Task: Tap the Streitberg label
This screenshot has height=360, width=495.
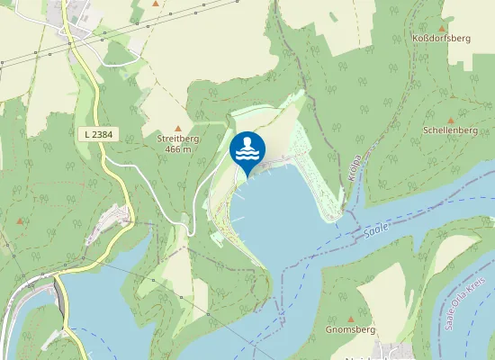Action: pos(178,139)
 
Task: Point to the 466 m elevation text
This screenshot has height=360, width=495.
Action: pos(178,149)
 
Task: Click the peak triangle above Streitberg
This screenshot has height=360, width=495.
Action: pos(178,127)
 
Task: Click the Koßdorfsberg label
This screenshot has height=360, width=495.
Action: pos(441,39)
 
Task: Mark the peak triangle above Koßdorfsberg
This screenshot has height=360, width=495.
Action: pos(441,27)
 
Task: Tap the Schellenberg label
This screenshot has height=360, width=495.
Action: pos(450,130)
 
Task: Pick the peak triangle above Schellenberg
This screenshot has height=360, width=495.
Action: pos(451,119)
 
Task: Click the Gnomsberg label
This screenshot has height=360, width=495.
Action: pos(350,330)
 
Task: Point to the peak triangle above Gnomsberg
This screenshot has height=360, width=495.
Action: pos(351,319)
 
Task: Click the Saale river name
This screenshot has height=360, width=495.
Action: pos(377,231)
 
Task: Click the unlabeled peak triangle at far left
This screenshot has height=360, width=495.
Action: pos(20,220)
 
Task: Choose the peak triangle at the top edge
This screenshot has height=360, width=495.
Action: pos(156,4)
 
